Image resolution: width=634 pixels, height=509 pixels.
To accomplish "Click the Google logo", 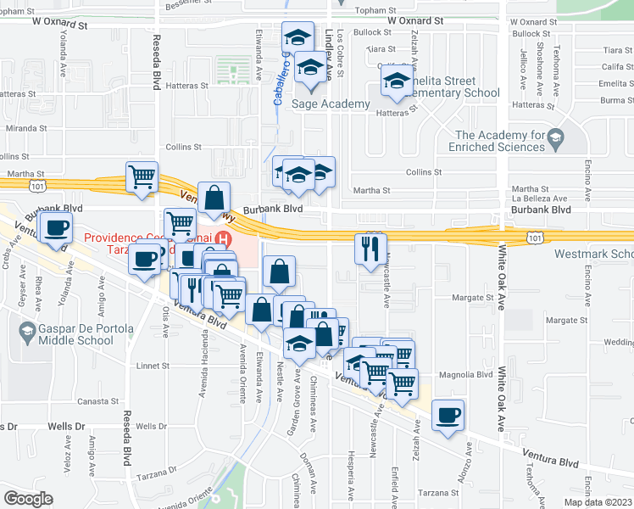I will tap(29, 498).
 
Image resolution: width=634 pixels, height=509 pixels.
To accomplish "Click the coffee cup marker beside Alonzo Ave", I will tap(448, 415).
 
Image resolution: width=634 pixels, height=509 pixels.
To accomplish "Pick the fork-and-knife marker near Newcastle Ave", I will tap(370, 248).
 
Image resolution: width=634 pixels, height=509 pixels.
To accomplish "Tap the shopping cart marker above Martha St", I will tap(142, 177).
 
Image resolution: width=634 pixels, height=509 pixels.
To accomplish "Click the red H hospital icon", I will tap(224, 239).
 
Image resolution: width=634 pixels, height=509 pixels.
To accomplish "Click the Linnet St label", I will tap(153, 366).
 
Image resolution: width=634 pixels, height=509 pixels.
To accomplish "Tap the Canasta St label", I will tap(96, 401).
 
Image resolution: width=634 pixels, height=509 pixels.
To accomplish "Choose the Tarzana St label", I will tap(437, 493).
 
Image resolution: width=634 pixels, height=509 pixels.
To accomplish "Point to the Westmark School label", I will tap(594, 254).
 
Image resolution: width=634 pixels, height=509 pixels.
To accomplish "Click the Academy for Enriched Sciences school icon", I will tap(555, 137).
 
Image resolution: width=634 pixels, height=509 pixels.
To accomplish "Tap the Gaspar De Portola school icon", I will tap(28, 331).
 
